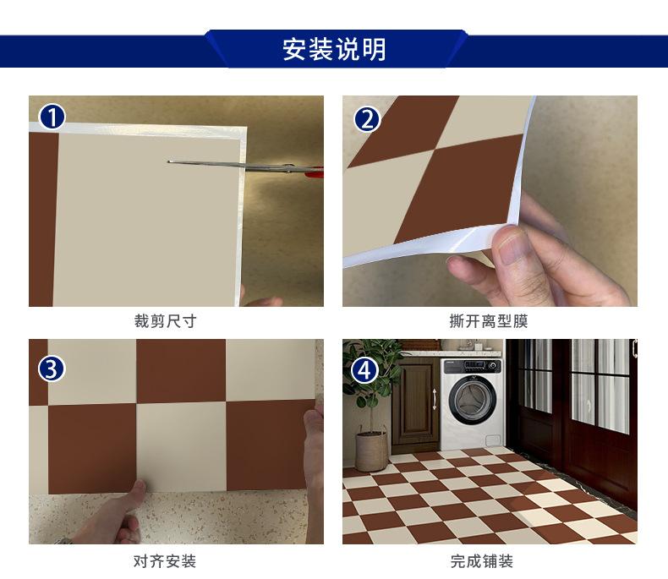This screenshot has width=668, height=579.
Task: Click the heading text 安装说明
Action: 334,49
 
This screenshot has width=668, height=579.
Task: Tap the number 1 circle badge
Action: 52,117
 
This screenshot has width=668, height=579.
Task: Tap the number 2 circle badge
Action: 366,118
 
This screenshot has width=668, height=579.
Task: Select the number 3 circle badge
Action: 52,369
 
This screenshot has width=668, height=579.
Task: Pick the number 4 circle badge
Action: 365,369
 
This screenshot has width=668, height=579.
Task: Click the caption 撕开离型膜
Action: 490,322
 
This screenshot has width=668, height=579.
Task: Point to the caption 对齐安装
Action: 165,561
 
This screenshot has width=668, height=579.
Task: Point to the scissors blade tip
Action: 170,162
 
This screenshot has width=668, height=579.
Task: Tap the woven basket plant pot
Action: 370,451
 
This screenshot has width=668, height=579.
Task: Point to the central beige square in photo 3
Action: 180,444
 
